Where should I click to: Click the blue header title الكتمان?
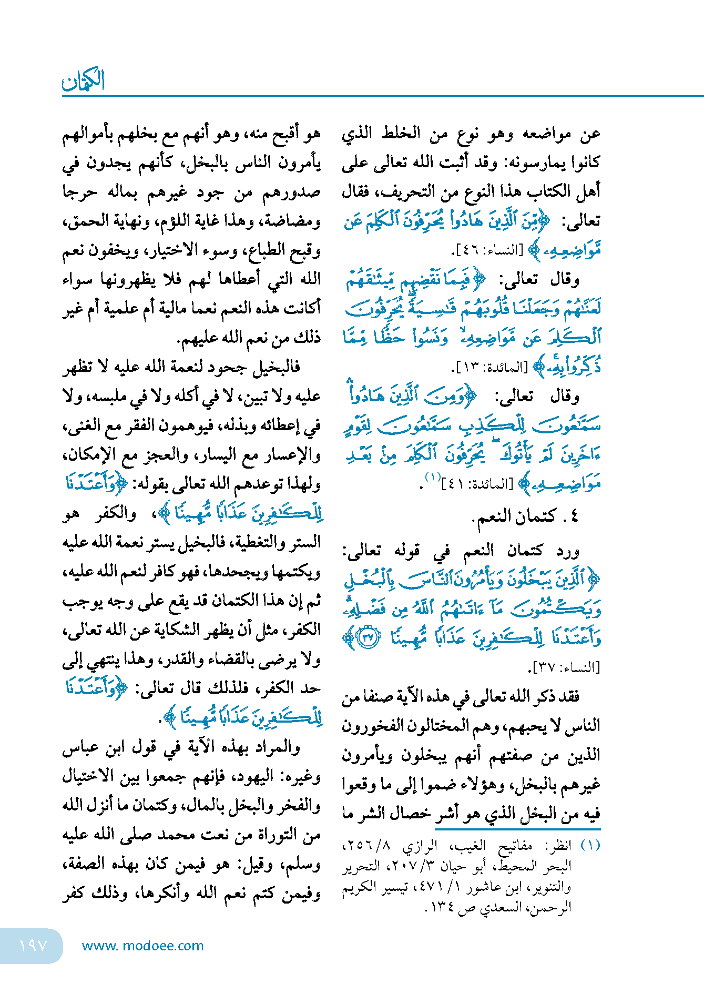(84, 80)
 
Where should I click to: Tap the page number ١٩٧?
(33, 946)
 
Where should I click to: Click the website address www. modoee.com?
(142, 946)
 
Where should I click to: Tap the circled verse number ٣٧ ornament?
(368, 637)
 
